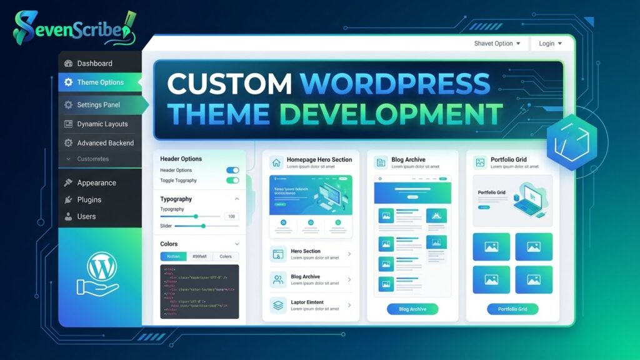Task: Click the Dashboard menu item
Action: pos(94,63)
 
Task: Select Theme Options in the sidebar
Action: pos(100,82)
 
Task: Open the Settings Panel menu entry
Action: pos(98,105)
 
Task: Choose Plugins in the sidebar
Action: pos(89,200)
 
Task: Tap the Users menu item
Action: pos(86,217)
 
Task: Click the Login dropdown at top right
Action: pos(550,44)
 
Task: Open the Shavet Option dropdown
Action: pos(497,44)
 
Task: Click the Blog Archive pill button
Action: pos(412,309)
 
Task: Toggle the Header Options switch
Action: pos(232,170)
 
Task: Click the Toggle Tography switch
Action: pos(232,181)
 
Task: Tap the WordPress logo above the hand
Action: pos(99,267)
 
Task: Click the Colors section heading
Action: pos(169,244)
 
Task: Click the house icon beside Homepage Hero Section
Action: pos(276,162)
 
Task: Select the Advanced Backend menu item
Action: pos(105,143)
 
